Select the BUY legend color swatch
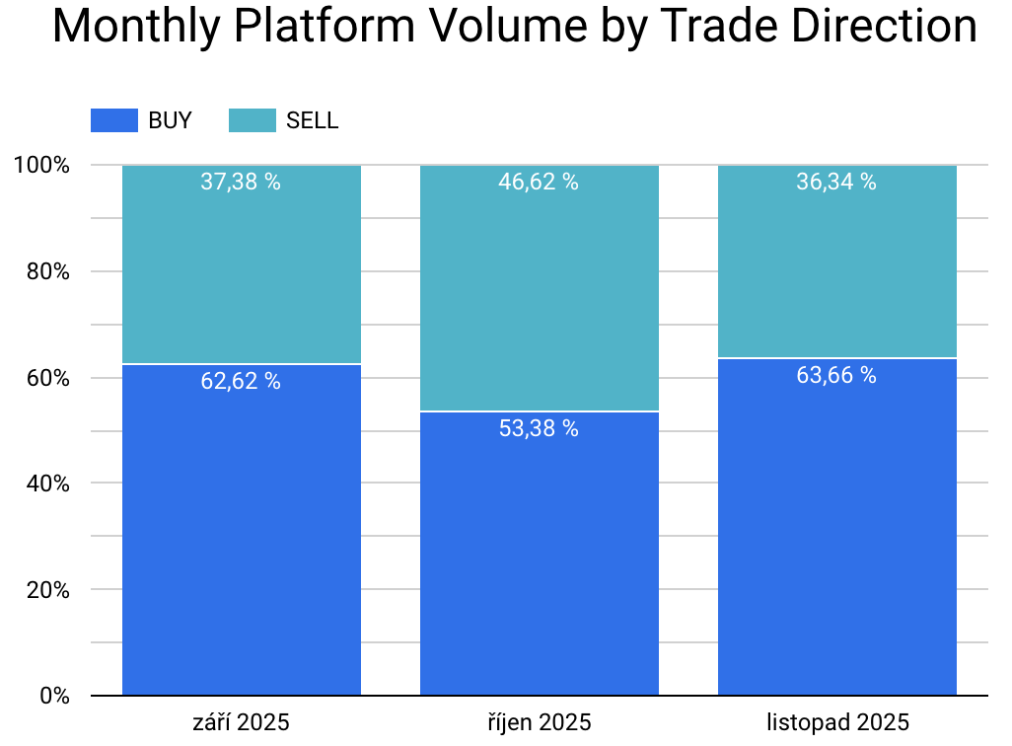point(113,120)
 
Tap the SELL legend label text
point(312,120)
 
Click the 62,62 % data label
point(241,381)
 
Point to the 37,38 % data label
point(241,182)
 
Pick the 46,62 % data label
point(539,182)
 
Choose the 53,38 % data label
point(539,428)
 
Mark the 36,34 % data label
point(836,182)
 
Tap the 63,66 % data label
point(836,375)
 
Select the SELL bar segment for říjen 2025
point(539,296)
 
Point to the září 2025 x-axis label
point(241,722)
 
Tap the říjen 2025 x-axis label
point(539,722)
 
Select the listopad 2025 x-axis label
point(836,722)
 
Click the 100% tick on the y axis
point(41,165)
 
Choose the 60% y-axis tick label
point(47,378)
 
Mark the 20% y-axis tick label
point(47,590)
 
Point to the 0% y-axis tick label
point(53,696)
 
